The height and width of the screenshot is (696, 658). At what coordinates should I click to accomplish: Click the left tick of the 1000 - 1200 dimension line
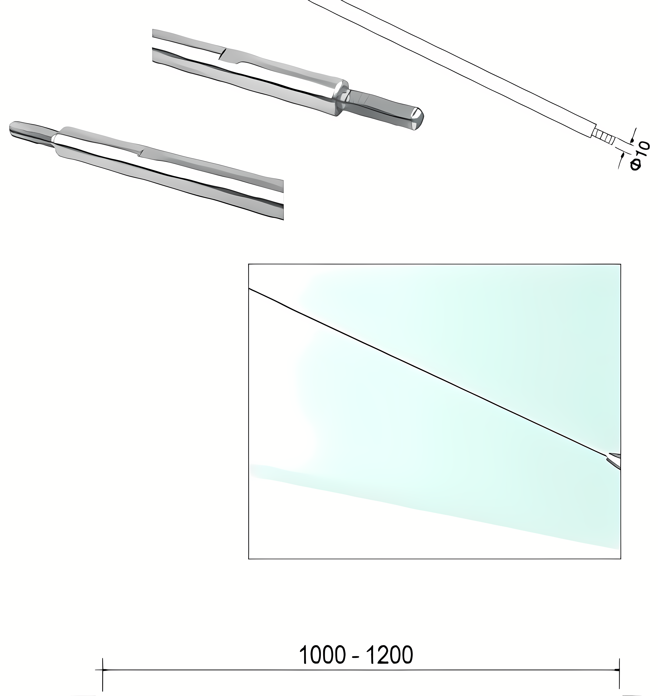click(x=102, y=670)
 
